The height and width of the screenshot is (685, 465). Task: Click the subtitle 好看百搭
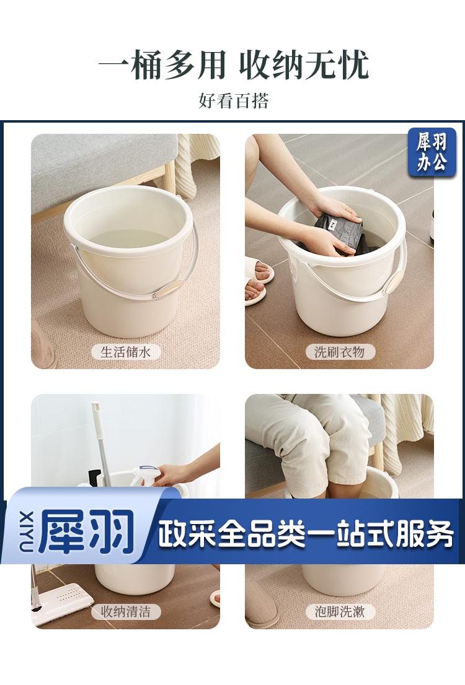point(233,101)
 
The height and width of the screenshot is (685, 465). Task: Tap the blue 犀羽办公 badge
point(432,152)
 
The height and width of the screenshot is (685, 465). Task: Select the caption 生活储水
point(125,352)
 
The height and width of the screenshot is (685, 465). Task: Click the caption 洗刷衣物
point(340,352)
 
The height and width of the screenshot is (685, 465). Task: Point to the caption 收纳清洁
point(125,612)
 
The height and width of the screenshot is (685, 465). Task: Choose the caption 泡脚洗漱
point(340,612)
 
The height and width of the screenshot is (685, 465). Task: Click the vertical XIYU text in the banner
point(25,531)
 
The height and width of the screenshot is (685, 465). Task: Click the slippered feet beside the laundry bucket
point(259,279)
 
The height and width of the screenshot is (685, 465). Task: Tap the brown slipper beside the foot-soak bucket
point(260,603)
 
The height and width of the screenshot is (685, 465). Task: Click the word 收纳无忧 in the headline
point(304,65)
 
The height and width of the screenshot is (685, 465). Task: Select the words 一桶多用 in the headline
point(162,65)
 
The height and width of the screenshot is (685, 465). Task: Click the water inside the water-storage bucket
point(130,240)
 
